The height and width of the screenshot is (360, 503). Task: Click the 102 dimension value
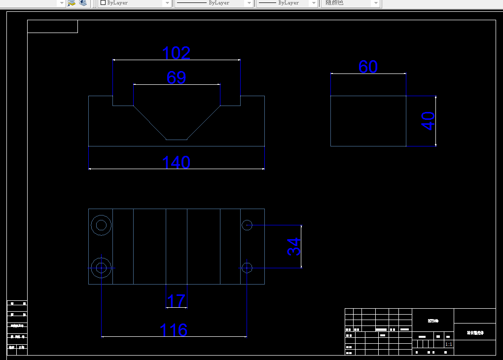[176, 53]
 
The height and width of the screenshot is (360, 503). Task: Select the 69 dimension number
[176, 78]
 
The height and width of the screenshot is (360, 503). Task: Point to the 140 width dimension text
[176, 162]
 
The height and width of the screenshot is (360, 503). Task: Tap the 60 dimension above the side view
[368, 67]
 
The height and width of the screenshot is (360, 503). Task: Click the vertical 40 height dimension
[429, 121]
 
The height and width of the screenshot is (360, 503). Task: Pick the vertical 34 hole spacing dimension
[293, 247]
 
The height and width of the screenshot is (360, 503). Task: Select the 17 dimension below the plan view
[176, 300]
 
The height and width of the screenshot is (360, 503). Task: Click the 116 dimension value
[174, 330]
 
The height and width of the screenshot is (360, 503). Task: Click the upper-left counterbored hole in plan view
[101, 225]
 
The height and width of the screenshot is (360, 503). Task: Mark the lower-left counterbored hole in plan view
[101, 268]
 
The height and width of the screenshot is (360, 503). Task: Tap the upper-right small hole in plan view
[247, 225]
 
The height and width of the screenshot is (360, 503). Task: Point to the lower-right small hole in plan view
[247, 268]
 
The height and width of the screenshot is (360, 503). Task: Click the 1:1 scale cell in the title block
[449, 344]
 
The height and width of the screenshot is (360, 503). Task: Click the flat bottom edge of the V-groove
[176, 140]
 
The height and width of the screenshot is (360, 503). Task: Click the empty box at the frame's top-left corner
[52, 27]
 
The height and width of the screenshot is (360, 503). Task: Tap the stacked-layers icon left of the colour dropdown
[83, 3]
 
